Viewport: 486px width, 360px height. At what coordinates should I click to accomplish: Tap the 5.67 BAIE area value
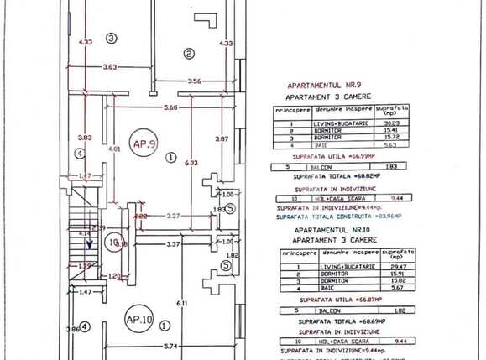(x=391, y=288)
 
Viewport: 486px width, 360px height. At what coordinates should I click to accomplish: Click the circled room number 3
(x=111, y=38)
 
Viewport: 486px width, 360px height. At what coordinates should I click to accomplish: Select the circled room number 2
(x=189, y=54)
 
